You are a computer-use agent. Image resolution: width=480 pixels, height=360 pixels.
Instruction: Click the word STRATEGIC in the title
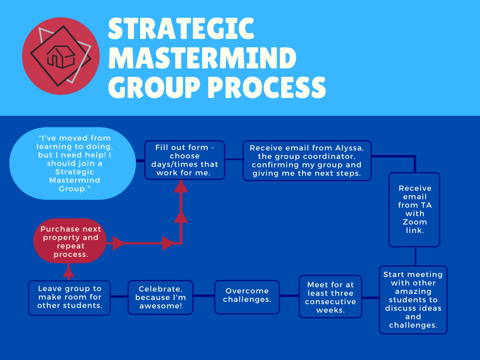point(181,29)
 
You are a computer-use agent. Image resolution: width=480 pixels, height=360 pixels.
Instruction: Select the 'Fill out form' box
point(184,160)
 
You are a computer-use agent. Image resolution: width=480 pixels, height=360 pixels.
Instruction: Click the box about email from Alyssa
point(307,160)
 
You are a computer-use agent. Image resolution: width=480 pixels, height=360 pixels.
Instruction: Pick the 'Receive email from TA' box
point(414,209)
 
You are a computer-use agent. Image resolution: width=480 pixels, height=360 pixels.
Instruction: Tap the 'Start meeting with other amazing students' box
point(413,300)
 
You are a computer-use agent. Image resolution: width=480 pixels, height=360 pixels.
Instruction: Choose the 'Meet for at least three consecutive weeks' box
point(330,297)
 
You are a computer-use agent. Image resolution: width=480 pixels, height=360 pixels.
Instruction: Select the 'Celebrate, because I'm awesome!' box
point(160,297)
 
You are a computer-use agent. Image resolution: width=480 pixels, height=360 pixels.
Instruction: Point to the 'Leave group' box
point(69,298)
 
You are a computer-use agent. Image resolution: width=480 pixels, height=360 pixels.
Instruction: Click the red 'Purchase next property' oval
point(70,241)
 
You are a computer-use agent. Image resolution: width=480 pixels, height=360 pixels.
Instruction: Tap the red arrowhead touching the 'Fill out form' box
point(181,187)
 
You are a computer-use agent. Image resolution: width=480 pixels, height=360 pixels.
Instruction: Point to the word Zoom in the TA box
point(415,222)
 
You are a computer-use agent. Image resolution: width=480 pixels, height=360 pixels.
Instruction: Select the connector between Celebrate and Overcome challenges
point(203,296)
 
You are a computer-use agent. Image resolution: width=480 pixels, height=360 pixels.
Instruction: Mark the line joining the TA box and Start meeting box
point(415,256)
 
